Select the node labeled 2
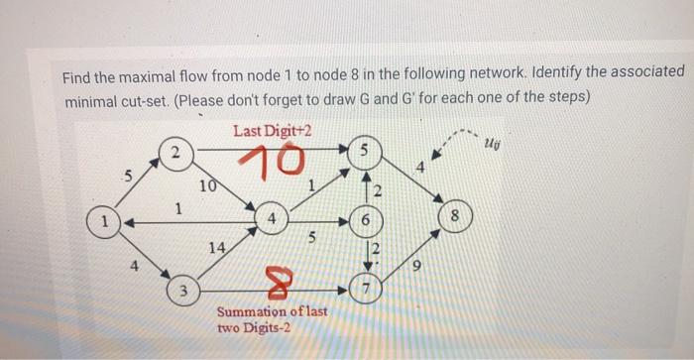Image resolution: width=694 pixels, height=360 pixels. (174, 153)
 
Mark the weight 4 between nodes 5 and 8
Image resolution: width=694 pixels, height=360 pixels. (421, 168)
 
